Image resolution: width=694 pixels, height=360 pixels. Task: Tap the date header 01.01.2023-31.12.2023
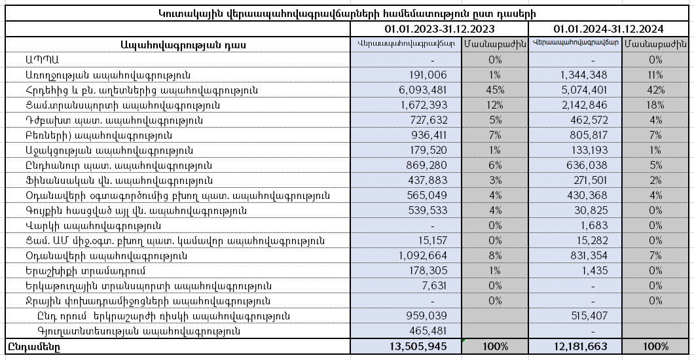click(439, 29)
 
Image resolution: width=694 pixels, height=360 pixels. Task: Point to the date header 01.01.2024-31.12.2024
click(608, 29)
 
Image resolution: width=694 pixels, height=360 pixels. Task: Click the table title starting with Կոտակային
click(347, 13)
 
